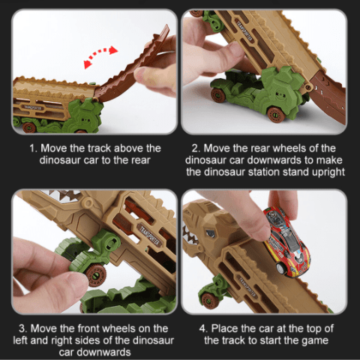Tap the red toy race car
click(286, 241)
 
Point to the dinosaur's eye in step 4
click(210, 234)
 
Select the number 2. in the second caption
click(196, 148)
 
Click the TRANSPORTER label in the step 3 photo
click(149, 235)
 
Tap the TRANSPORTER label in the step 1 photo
click(33, 107)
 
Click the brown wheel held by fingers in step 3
click(96, 274)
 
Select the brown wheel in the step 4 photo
click(209, 301)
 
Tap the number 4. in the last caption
click(203, 328)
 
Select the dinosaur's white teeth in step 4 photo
click(190, 235)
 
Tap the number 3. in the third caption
click(23, 328)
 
